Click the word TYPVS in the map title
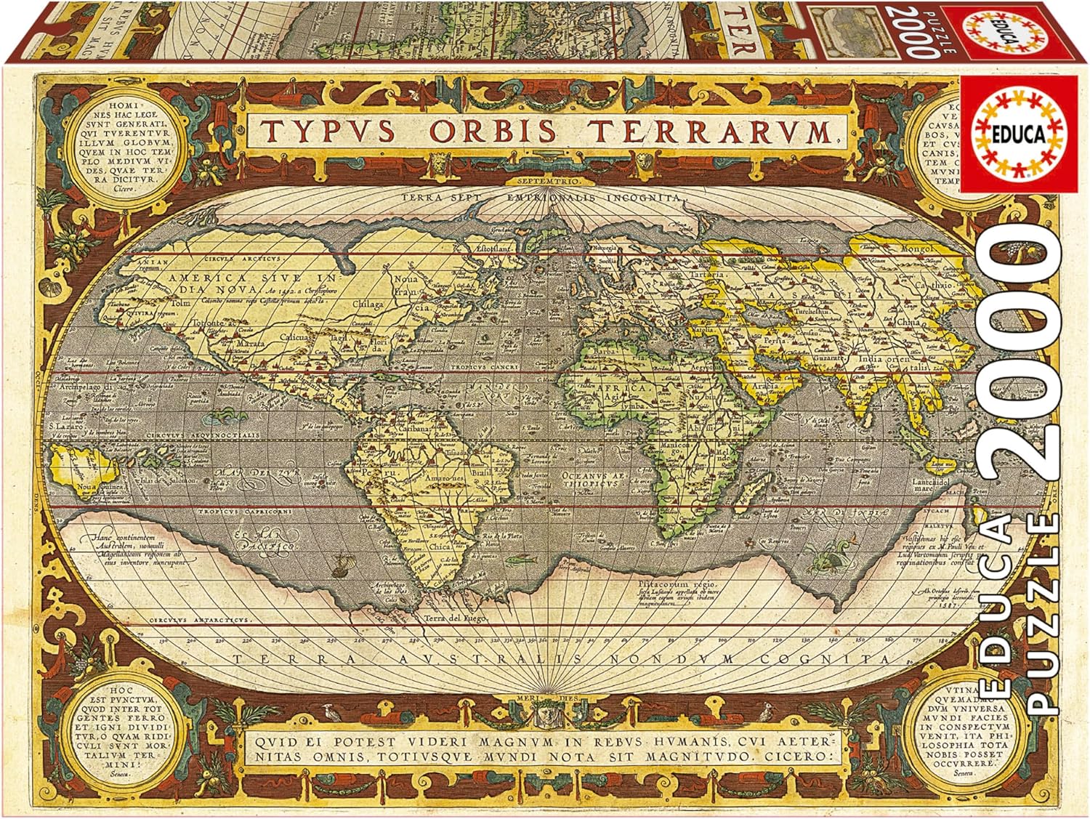[327, 132]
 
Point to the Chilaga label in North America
[368, 304]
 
